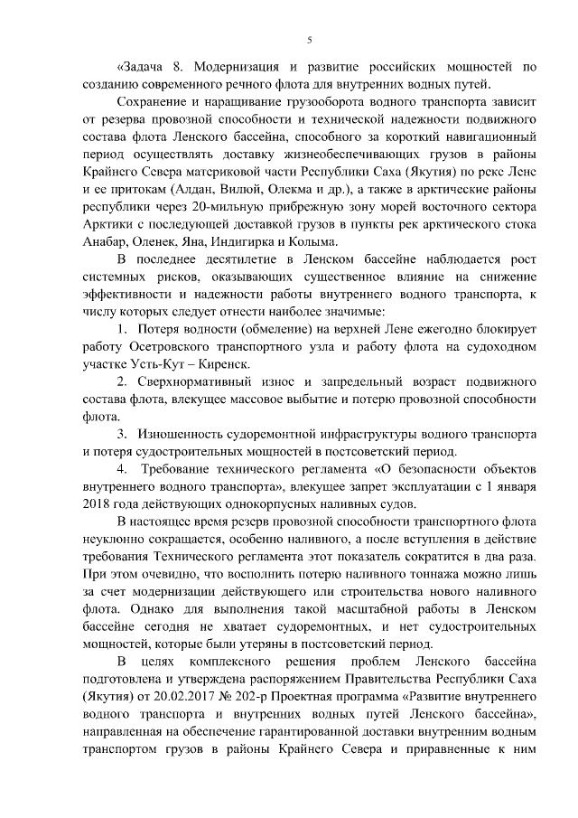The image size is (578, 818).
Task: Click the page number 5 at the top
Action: coord(309,40)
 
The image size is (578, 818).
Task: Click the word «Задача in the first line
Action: coord(141,67)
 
